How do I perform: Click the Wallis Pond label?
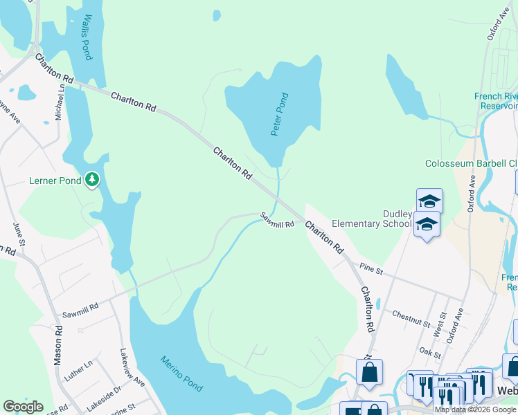coord(87,37)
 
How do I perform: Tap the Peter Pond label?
coord(279,114)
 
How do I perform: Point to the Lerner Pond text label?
coord(55,181)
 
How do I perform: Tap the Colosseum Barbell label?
coord(471,164)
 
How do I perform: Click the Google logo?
coord(23,407)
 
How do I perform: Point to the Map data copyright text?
coord(475,409)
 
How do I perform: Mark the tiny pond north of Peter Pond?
coord(217,15)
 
